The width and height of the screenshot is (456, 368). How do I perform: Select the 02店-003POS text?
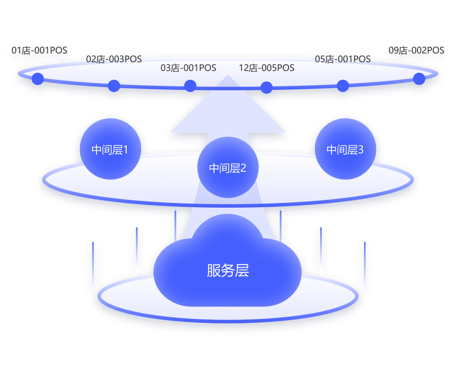pos(114,59)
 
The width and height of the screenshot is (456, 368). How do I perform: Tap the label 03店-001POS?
pos(189,68)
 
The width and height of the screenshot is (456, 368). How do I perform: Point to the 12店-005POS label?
pos(267,68)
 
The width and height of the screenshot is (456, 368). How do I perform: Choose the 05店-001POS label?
pos(343,59)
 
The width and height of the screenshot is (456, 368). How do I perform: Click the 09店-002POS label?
pos(417,51)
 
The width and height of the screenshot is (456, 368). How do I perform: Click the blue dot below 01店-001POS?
pos(38,79)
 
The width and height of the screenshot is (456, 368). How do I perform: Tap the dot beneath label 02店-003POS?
pos(114,85)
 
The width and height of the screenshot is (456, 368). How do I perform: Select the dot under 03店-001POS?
pos(190,86)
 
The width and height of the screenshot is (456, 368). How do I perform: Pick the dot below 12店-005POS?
pos(267,87)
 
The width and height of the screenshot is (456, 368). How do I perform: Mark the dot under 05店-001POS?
pos(343,85)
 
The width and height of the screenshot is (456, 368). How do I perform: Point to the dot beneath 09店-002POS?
pos(419,79)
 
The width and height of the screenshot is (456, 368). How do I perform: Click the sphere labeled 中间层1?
pos(110,149)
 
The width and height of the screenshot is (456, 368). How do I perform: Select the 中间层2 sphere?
pos(228,167)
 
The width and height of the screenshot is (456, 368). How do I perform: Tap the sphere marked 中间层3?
pos(345,149)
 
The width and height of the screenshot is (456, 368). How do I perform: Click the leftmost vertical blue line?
pos(93,265)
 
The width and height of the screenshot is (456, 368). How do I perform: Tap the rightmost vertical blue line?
pos(364,265)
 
